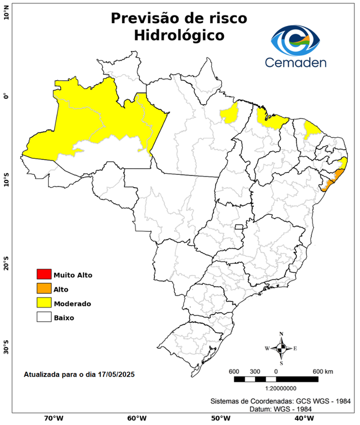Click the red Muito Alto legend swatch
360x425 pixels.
click(43, 274)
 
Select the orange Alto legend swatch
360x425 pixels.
click(43, 288)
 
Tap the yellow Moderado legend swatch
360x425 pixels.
click(43, 303)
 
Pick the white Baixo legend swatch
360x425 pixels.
click(43, 317)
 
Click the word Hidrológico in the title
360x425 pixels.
click(179, 35)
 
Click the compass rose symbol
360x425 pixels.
click(281, 348)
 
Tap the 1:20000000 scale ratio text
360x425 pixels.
click(275, 388)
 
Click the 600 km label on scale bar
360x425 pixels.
click(322, 371)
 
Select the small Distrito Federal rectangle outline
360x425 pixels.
click(239, 227)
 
